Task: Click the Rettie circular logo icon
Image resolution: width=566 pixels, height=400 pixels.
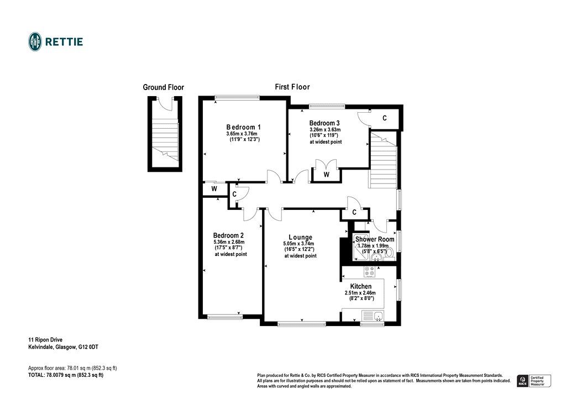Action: pyautogui.click(x=35, y=41)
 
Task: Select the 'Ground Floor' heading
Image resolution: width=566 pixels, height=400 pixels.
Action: pyautogui.click(x=163, y=87)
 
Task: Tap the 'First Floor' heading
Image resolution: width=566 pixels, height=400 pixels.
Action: pyautogui.click(x=292, y=87)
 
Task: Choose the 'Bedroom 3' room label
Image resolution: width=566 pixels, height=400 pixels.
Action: pyautogui.click(x=324, y=123)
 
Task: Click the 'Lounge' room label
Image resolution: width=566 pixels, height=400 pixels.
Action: pyautogui.click(x=300, y=238)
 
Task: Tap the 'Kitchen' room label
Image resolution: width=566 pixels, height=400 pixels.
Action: pyautogui.click(x=361, y=286)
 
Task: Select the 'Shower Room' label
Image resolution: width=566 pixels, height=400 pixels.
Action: pyautogui.click(x=375, y=239)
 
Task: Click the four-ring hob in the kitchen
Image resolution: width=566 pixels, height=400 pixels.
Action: pyautogui.click(x=369, y=271)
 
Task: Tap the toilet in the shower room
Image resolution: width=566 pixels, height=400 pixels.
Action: pyautogui.click(x=388, y=253)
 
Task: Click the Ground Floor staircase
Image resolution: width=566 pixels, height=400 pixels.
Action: pyautogui.click(x=165, y=138)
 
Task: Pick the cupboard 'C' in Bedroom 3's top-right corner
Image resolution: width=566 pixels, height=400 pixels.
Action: pyautogui.click(x=385, y=118)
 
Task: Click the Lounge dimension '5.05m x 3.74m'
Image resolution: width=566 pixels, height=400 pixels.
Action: pyautogui.click(x=298, y=244)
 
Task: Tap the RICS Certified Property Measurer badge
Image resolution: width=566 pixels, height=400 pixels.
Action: pyautogui.click(x=533, y=380)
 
